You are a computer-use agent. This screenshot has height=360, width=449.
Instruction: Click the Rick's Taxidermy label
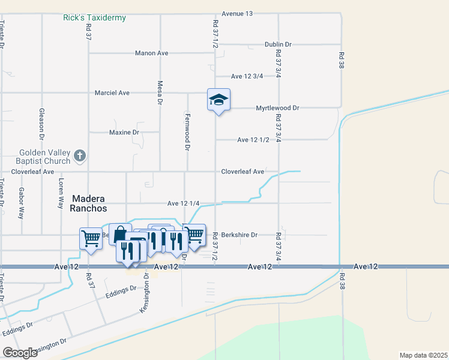pyautogui.click(x=94, y=18)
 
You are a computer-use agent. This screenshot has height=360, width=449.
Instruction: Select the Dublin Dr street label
pyautogui.click(x=278, y=44)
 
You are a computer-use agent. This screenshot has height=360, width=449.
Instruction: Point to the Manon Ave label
pyautogui.click(x=151, y=53)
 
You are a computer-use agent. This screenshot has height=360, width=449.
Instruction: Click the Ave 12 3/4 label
pyautogui.click(x=248, y=76)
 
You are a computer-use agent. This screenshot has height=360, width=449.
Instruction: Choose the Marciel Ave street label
pyautogui.click(x=112, y=93)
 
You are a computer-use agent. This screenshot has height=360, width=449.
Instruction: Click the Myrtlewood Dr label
pyautogui.click(x=277, y=108)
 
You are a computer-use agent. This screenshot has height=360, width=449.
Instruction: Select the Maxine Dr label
pyautogui.click(x=124, y=132)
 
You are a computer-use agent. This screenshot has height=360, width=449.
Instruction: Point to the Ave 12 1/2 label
pyautogui.click(x=253, y=140)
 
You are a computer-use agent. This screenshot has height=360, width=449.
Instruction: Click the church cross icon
pyautogui.click(x=79, y=157)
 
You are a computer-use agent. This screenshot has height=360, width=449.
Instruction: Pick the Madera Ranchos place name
pyautogui.click(x=89, y=203)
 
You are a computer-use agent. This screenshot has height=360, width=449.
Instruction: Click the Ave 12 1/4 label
pyautogui.click(x=183, y=203)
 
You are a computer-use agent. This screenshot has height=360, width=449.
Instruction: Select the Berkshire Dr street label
pyautogui.click(x=239, y=235)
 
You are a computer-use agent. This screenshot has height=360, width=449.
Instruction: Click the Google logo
pyautogui.click(x=20, y=353)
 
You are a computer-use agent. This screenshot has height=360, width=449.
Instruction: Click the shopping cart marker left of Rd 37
pyautogui.click(x=91, y=238)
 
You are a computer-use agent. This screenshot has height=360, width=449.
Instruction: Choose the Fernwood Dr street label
pyautogui.click(x=187, y=131)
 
